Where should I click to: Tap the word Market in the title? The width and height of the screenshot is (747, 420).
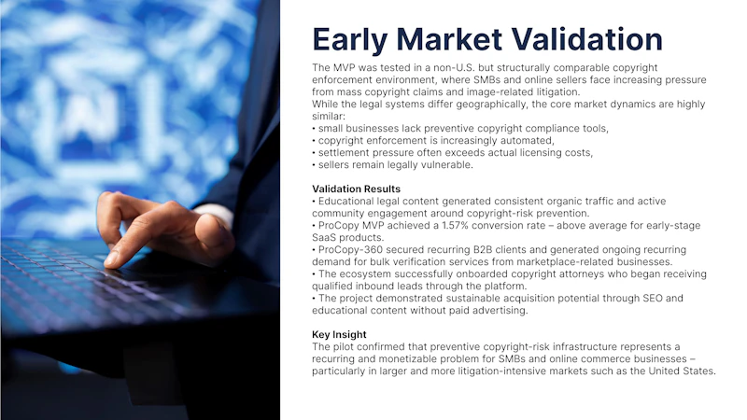(449, 39)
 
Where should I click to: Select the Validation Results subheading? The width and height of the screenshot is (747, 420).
(357, 189)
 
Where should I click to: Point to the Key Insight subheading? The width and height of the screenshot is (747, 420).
(339, 335)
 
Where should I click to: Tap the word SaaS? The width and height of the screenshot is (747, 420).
(324, 238)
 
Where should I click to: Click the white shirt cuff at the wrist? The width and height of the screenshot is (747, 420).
(216, 214)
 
